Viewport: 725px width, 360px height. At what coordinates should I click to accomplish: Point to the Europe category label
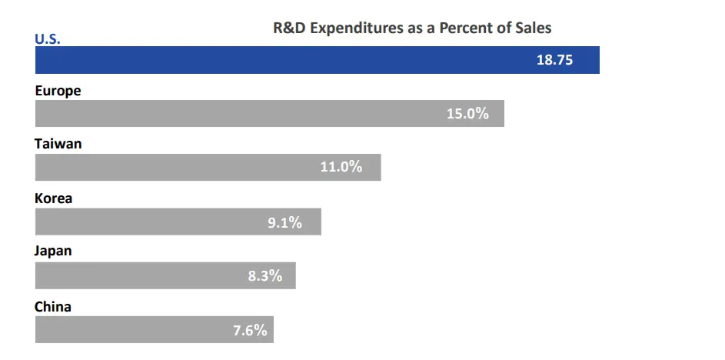[58, 91]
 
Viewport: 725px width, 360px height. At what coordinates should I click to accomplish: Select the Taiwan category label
[58, 144]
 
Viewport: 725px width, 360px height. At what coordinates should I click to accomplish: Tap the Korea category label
[54, 198]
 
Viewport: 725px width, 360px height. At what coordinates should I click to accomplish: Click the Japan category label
[54, 252]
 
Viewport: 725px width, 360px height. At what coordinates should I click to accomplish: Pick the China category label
[53, 307]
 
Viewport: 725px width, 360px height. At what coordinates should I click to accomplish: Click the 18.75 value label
[554, 60]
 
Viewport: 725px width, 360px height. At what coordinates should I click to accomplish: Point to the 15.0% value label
[467, 114]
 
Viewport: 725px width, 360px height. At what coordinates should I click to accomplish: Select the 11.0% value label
[341, 167]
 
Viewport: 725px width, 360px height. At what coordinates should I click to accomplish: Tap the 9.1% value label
[284, 222]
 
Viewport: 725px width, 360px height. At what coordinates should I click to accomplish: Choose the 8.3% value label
[265, 275]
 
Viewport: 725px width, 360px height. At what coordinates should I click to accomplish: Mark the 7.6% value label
[250, 331]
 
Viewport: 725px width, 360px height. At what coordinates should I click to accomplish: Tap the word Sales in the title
[533, 28]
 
